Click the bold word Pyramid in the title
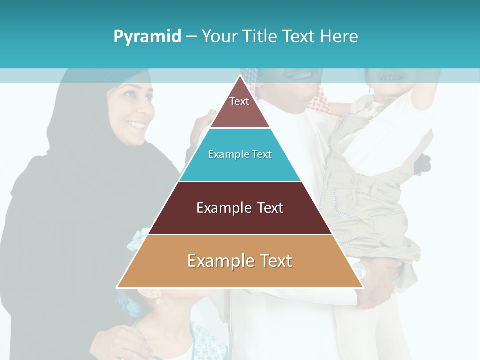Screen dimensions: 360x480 point(147,37)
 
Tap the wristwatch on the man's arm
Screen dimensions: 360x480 point(361,271)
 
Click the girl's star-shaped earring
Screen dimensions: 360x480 point(159,301)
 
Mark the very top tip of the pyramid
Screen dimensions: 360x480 point(240,75)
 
